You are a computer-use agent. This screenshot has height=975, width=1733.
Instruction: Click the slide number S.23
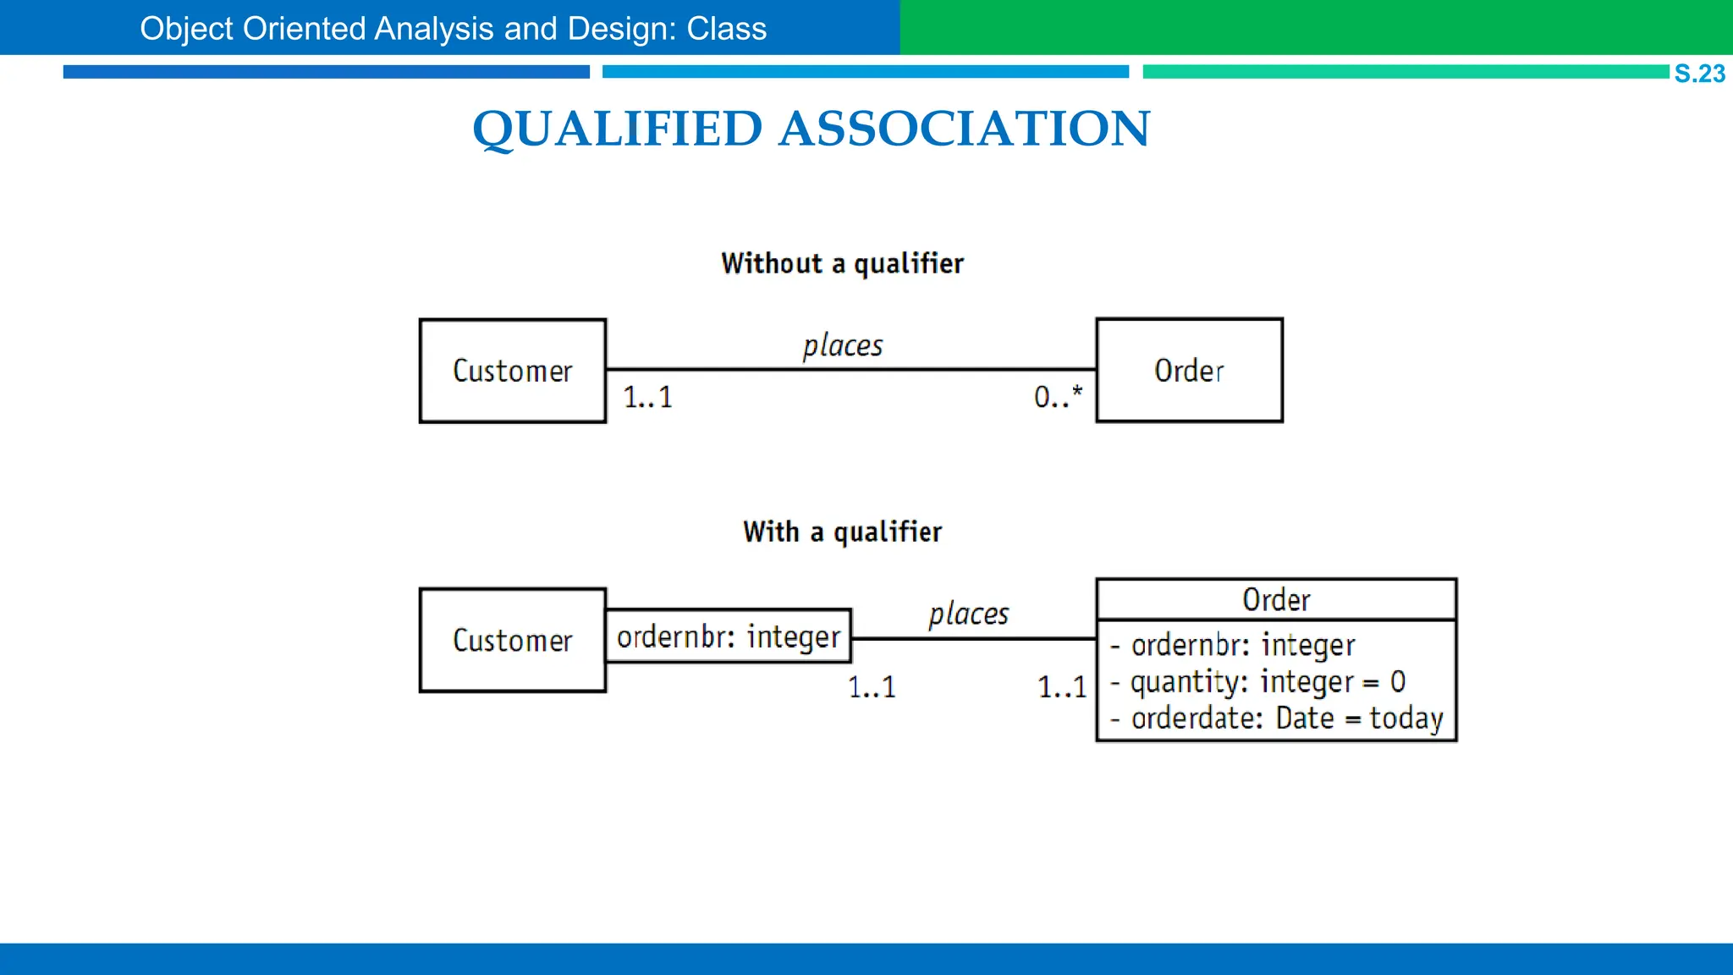(1699, 74)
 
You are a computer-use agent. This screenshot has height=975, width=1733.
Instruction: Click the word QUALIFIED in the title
(618, 129)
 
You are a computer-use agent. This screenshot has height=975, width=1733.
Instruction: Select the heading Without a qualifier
(842, 263)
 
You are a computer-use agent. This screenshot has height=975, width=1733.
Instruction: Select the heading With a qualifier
(842, 532)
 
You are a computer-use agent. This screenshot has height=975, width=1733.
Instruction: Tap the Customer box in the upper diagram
(513, 371)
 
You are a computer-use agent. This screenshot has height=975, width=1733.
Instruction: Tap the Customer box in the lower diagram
(513, 640)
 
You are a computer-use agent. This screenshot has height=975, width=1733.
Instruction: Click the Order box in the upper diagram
(1189, 370)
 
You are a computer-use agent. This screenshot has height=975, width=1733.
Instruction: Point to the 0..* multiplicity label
(1058, 396)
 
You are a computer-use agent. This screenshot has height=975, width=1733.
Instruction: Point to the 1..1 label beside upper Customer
(647, 397)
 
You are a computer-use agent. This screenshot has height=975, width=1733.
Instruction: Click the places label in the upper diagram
(842, 345)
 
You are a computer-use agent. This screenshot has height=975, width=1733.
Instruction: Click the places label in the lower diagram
(968, 614)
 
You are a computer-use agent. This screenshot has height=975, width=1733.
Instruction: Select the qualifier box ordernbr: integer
(729, 636)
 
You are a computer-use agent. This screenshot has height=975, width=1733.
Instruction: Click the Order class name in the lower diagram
(1276, 599)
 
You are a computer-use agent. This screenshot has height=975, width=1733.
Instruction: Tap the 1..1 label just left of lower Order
(1062, 686)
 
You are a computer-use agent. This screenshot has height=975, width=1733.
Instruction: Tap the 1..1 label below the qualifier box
(872, 686)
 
